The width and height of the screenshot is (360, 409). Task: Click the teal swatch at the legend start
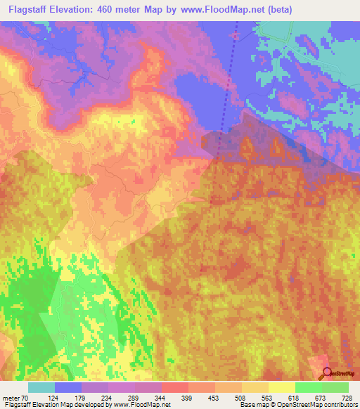(41, 387)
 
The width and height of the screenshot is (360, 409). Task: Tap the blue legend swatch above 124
(68, 387)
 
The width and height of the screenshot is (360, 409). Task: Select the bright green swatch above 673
(309, 387)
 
